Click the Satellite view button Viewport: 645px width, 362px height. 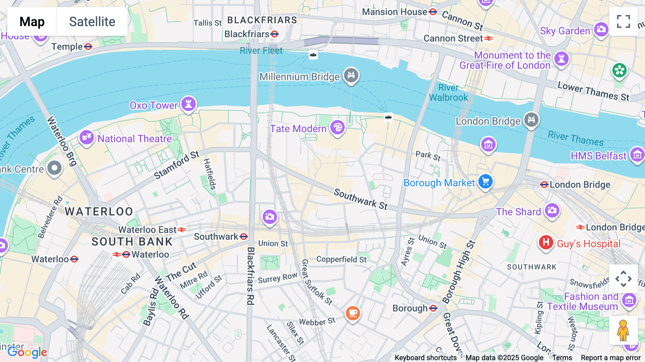pyautogui.click(x=92, y=22)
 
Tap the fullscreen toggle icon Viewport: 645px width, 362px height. pyautogui.click(x=623, y=22)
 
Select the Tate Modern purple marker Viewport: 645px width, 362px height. pyautogui.click(x=337, y=127)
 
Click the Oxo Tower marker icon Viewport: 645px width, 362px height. pyautogui.click(x=188, y=104)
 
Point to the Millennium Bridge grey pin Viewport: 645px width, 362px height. pyautogui.click(x=351, y=75)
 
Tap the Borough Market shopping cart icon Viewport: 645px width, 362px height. pyautogui.click(x=486, y=181)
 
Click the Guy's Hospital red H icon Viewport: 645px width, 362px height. pyautogui.click(x=546, y=243)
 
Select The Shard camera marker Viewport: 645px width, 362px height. pyautogui.click(x=552, y=210)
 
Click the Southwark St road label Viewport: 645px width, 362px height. pyautogui.click(x=360, y=199)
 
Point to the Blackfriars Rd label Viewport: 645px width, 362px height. pyautogui.click(x=250, y=276)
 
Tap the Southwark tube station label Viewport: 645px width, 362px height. pyautogui.click(x=216, y=237)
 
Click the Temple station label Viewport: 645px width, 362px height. pyautogui.click(x=67, y=47)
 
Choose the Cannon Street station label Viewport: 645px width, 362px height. pyautogui.click(x=453, y=38)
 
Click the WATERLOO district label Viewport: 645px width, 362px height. pyautogui.click(x=99, y=211)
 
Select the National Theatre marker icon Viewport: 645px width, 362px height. pyautogui.click(x=87, y=137)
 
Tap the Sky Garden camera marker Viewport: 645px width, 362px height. pyautogui.click(x=601, y=29)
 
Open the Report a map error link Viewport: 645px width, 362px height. pyautogui.click(x=611, y=358)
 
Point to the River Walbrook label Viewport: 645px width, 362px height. pyautogui.click(x=448, y=92)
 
